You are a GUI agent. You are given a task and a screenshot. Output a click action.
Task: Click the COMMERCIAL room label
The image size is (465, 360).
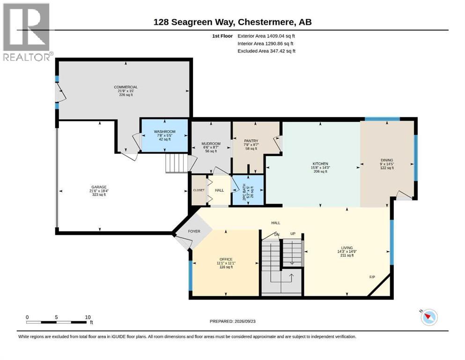126,87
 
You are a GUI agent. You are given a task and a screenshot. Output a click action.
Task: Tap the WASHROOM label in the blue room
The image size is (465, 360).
164,131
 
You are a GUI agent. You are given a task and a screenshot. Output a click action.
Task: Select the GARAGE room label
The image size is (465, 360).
99,187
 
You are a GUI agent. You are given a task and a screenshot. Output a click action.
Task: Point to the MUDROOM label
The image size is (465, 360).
211,143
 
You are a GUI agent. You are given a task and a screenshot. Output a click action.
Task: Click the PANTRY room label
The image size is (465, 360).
251,141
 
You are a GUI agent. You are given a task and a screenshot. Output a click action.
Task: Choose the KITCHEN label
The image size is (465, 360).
320,164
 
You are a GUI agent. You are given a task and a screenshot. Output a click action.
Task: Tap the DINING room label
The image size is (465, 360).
387,160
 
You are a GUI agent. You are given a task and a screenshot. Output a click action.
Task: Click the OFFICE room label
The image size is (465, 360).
226,259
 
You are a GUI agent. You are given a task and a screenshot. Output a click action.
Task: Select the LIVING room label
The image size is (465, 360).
347,248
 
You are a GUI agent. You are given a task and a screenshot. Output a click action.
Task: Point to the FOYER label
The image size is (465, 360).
194,231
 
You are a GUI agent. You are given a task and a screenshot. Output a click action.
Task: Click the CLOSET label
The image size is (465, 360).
199,190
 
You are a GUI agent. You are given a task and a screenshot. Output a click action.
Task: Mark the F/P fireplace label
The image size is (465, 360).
372,277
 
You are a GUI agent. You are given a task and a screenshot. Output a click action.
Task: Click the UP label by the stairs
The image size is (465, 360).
293,234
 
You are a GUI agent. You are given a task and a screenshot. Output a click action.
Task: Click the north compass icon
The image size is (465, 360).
429,317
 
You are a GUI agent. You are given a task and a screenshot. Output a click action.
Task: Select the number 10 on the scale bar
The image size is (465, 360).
88,317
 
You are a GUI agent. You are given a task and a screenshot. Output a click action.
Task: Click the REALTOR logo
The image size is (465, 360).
27,32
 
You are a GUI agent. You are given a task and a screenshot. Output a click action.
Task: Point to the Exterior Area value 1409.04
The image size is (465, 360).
275,36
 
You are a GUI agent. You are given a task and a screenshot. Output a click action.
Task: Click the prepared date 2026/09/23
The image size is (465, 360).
245,321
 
